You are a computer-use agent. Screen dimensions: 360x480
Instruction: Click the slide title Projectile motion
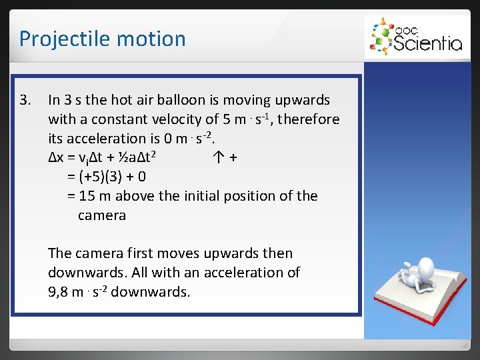102,39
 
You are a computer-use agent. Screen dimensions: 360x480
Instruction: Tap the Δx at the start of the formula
56,158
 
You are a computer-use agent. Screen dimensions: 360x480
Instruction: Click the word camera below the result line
102,215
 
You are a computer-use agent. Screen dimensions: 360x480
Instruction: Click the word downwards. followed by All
87,273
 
